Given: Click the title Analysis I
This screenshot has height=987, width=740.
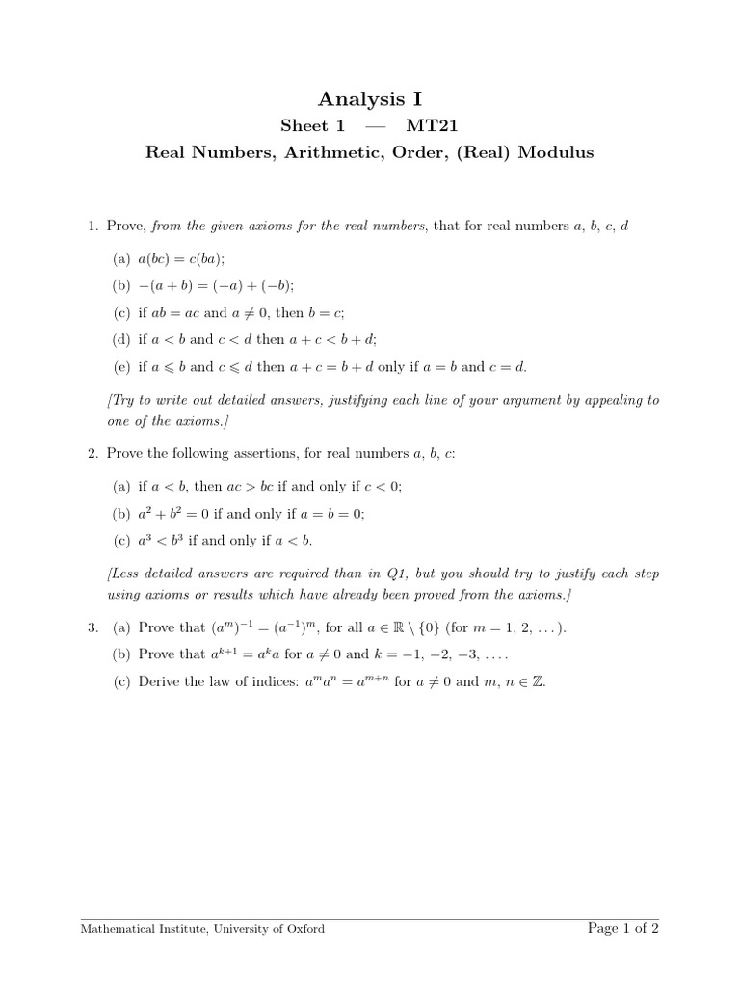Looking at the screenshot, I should coord(370,98).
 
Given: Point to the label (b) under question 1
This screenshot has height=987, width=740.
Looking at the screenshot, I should coord(121,285).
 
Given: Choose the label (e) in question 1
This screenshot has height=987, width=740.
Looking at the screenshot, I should coord(121,366).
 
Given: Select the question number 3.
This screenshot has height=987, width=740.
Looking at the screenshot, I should coord(92,627).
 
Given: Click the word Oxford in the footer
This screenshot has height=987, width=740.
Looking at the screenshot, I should coord(304,929).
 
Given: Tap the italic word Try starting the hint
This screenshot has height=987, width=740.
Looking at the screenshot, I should coord(123,399).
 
